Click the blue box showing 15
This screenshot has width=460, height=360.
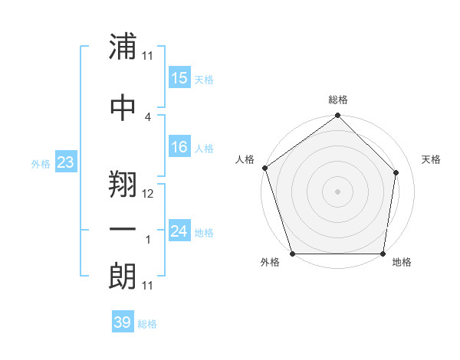click(179, 78)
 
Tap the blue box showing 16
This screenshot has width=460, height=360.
click(179, 147)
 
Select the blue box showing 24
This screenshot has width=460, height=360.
click(179, 231)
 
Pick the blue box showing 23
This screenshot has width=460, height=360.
click(65, 162)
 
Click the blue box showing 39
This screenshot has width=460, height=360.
click(122, 322)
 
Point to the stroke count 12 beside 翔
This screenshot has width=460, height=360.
click(148, 194)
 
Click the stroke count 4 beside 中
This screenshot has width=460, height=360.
click(148, 116)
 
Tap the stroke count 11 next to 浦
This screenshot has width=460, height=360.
click(148, 56)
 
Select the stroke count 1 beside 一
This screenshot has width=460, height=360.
click(148, 240)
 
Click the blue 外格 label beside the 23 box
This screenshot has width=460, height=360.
click(41, 163)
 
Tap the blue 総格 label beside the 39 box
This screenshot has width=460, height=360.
click(147, 324)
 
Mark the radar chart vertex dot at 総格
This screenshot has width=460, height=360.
click(337, 116)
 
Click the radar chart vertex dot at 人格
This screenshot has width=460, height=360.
click(264, 168)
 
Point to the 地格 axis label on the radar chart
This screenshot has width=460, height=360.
click(402, 263)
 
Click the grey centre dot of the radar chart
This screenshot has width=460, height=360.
click(337, 191)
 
